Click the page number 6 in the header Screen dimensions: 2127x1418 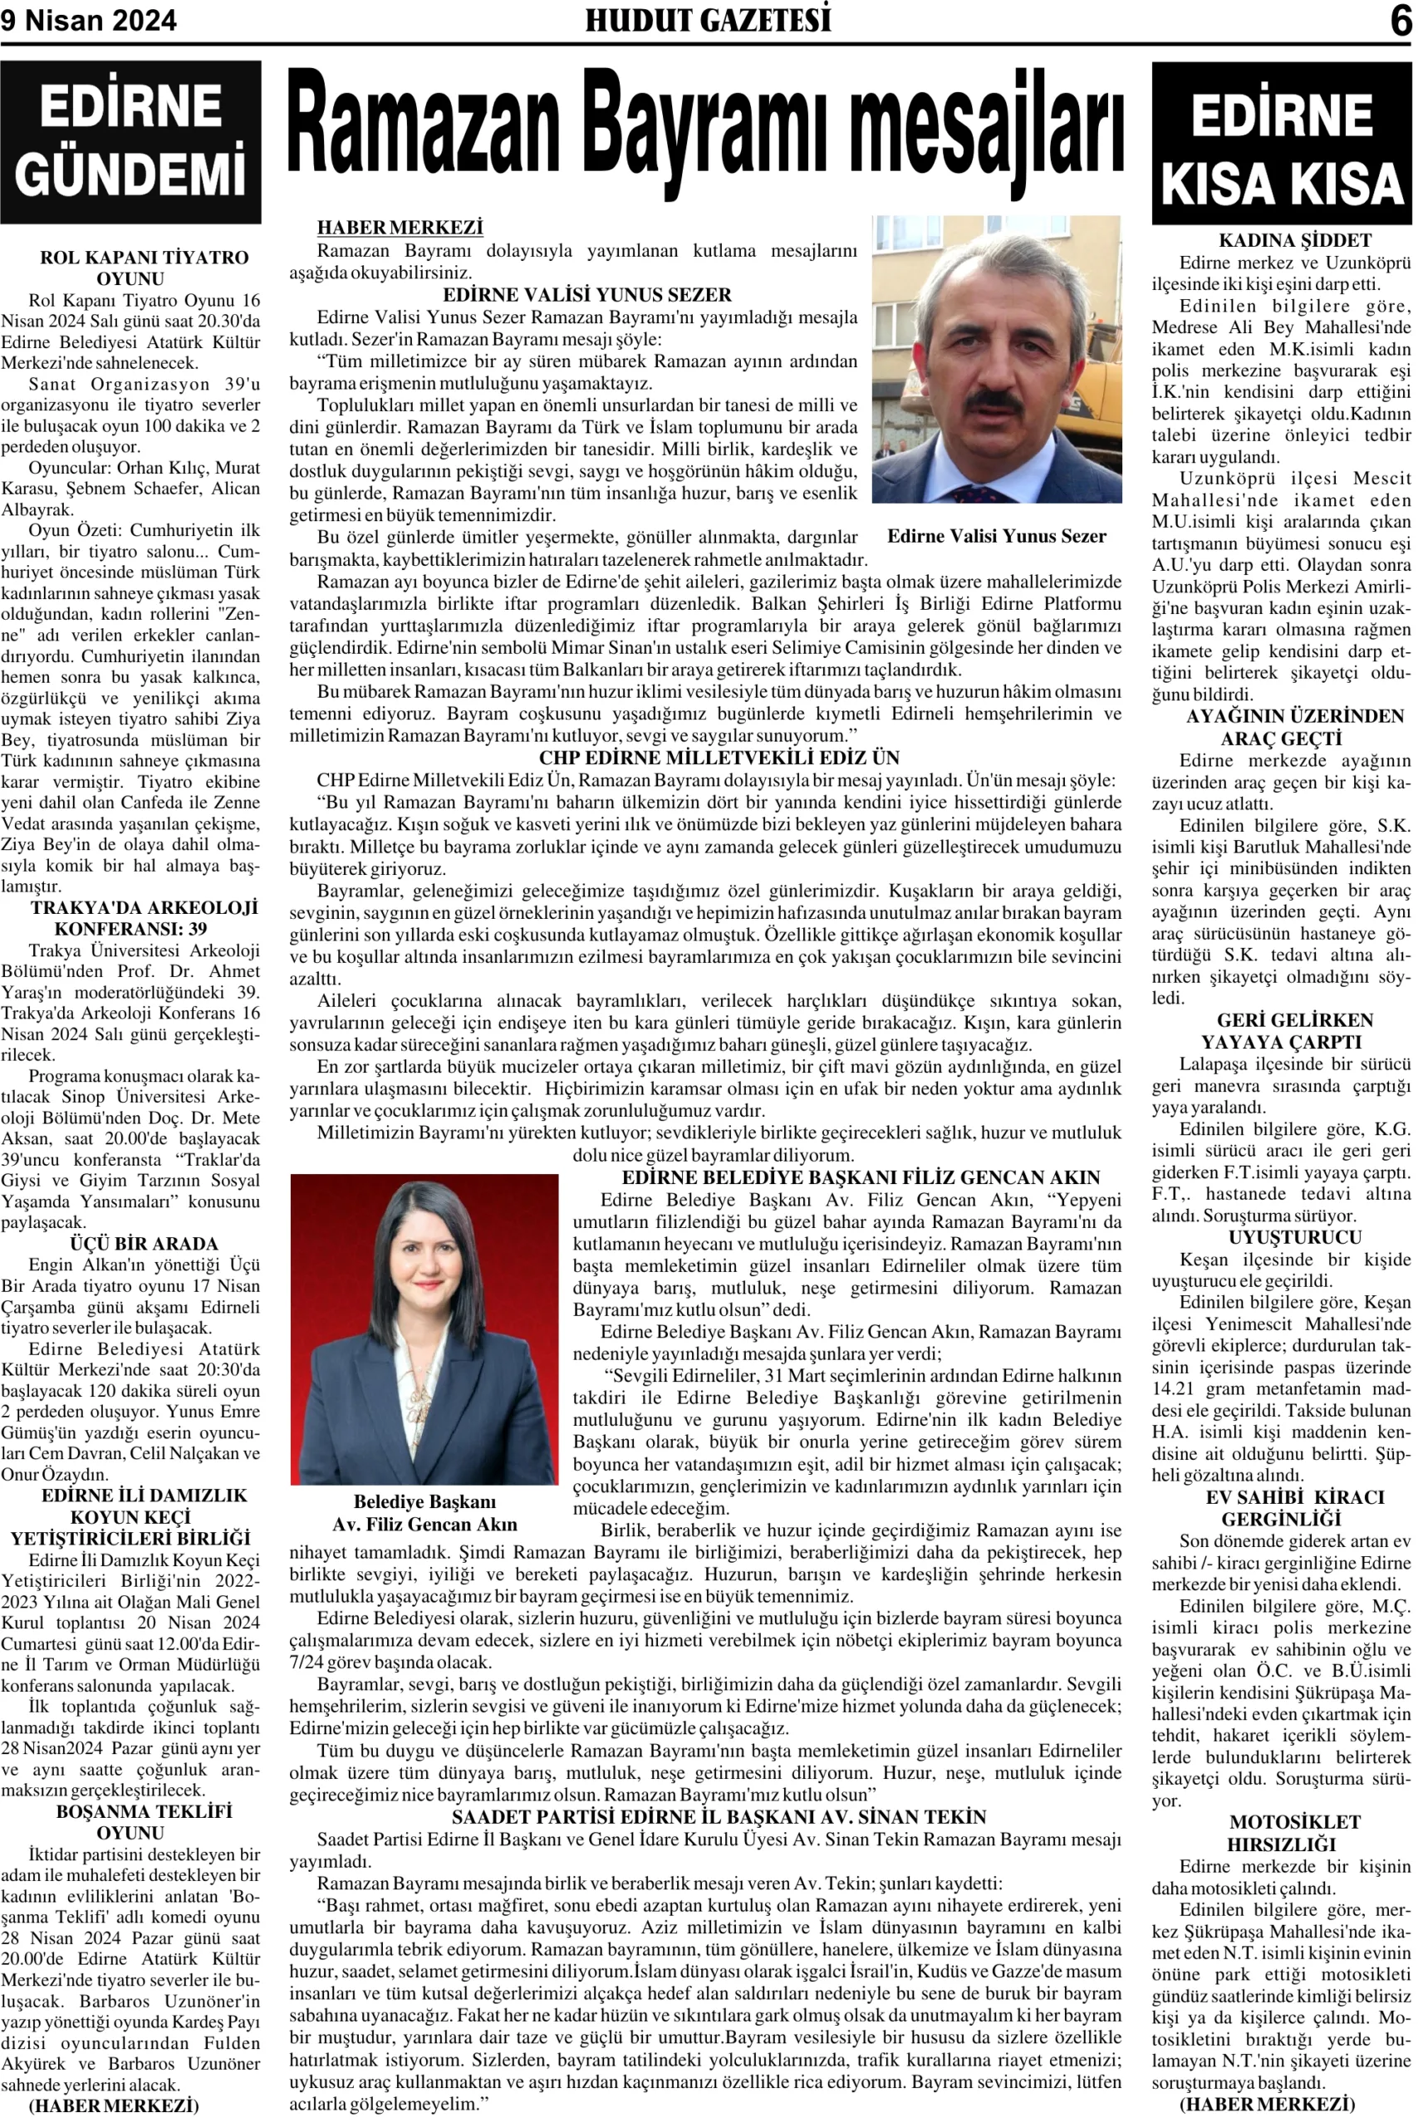pos(1400,20)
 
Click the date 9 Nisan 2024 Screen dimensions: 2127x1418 pos(89,20)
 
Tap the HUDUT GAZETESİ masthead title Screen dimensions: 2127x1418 pos(708,20)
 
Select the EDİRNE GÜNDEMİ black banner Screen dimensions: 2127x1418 pos(131,142)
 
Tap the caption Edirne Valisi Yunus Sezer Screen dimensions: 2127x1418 pos(997,536)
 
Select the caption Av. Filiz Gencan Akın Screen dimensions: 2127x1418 pos(424,1525)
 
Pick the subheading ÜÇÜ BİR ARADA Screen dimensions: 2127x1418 pos(144,1244)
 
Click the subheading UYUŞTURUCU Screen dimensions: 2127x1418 pos(1294,1238)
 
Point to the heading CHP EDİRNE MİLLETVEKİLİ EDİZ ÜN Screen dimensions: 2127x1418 pos(719,758)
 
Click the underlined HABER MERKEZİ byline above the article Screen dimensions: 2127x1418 pos(400,228)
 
